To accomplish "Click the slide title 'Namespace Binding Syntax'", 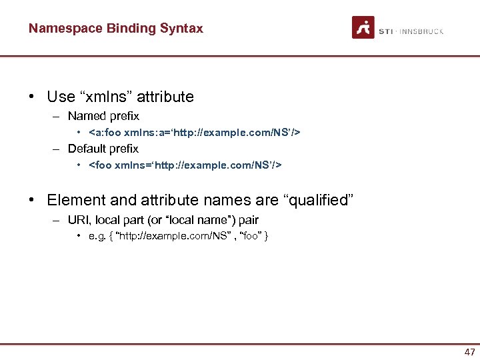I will [x=115, y=29].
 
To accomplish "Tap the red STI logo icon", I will [x=363, y=27].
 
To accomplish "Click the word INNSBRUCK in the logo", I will [x=423, y=31].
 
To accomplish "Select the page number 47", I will [x=469, y=351].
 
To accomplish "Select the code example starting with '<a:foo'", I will [x=194, y=133].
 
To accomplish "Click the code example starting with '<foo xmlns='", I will [x=185, y=165].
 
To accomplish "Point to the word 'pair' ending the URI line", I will [x=247, y=220].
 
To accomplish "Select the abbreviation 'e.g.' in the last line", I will [x=97, y=236].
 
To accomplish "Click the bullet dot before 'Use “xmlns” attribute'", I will [x=32, y=97].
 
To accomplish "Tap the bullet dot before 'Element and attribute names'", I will [x=32, y=200].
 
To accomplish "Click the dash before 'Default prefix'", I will [x=58, y=149].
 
